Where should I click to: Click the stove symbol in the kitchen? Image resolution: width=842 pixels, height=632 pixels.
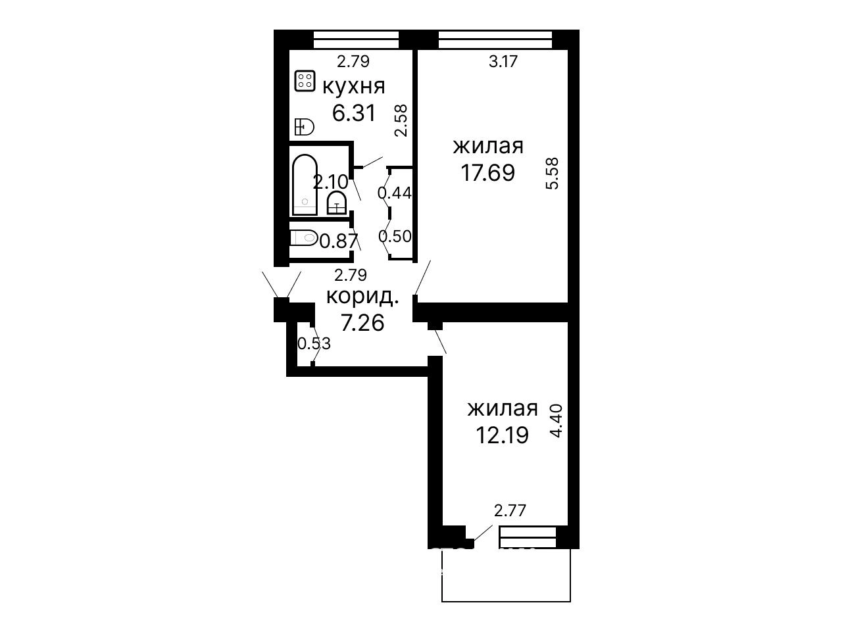[x=305, y=81]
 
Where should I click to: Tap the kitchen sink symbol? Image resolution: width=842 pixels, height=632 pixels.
[x=304, y=127]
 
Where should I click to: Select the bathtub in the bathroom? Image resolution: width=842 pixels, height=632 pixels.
[x=305, y=185]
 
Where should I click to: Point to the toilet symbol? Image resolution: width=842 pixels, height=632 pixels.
[x=304, y=238]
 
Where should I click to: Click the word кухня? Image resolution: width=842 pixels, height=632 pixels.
[x=353, y=87]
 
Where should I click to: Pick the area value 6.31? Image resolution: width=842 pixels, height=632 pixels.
[x=354, y=113]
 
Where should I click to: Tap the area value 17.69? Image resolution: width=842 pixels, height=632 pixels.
[x=487, y=172]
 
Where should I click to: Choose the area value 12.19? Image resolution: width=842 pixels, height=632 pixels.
[x=502, y=435]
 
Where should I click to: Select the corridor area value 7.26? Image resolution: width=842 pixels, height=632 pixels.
[x=362, y=322]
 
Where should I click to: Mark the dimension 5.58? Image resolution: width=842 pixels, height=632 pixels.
[x=553, y=174]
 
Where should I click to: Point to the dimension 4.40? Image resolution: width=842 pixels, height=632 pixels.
[x=556, y=421]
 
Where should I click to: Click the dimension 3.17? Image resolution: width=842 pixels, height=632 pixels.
[x=503, y=61]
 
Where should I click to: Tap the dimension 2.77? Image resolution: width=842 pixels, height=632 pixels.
[x=510, y=511]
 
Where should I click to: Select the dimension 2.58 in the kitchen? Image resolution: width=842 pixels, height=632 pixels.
[x=401, y=121]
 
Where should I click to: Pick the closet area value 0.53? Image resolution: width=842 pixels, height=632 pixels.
[x=314, y=343]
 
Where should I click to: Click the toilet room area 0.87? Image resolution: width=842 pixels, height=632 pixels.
[x=339, y=241]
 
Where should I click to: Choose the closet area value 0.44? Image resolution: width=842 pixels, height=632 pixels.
[x=395, y=193]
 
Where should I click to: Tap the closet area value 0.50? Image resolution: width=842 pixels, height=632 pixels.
[x=395, y=236]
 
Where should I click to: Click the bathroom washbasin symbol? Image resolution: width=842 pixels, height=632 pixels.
[x=337, y=204]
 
